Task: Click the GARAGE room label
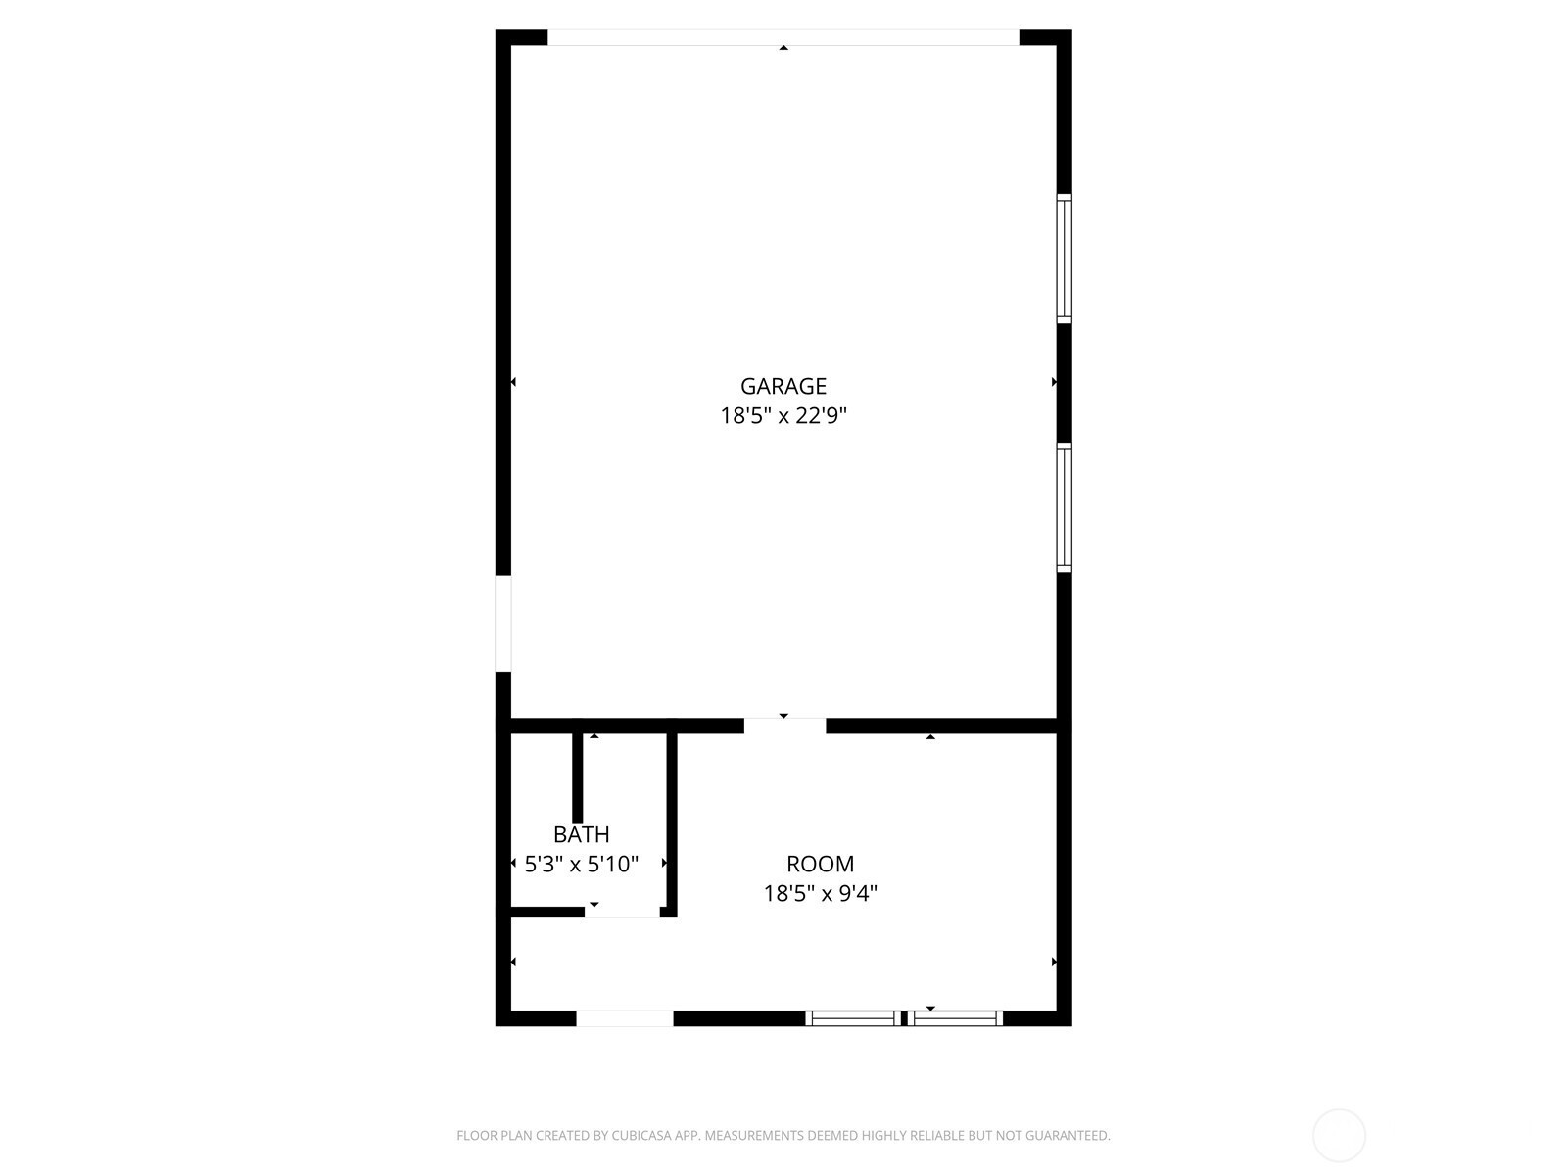point(783,386)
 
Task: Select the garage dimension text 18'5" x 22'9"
point(783,415)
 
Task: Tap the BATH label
point(581,834)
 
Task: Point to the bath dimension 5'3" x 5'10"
point(581,864)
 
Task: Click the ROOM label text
point(821,864)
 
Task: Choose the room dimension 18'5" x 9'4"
point(821,893)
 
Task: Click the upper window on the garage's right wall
point(1064,258)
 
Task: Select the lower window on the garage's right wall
point(1064,507)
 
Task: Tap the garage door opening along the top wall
point(783,38)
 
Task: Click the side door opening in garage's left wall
point(503,624)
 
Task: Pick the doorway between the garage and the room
point(785,726)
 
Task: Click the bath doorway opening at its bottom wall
point(623,912)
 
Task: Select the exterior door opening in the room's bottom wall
point(625,1018)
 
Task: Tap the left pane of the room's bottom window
point(854,1018)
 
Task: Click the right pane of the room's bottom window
point(955,1018)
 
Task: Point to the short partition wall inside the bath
point(578,778)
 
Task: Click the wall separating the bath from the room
point(672,824)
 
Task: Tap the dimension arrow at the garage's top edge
point(783,48)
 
